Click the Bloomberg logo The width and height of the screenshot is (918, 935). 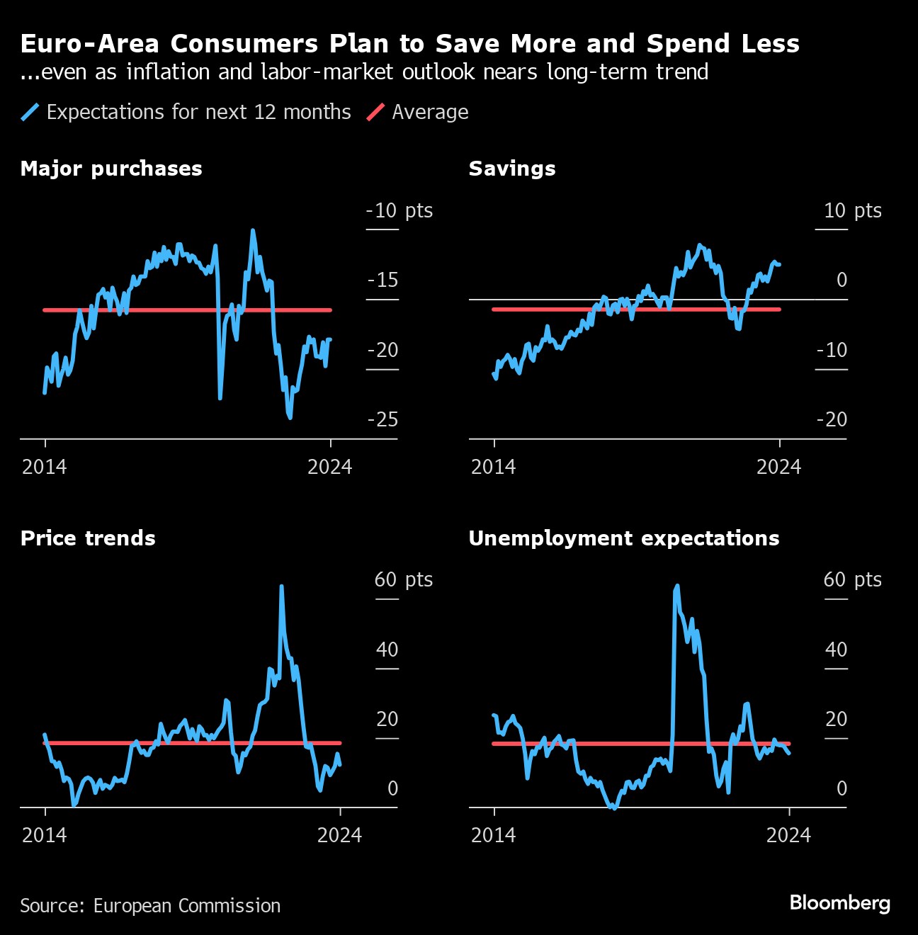(839, 903)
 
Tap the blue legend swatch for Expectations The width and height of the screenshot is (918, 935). (30, 112)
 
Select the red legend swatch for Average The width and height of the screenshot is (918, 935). (375, 112)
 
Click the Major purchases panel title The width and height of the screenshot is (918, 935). (111, 169)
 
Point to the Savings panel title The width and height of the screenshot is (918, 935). (512, 169)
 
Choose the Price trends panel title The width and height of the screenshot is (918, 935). (88, 538)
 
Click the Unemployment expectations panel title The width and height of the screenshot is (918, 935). (623, 538)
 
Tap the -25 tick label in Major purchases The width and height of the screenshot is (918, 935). (383, 419)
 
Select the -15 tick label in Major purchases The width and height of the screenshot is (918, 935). (383, 280)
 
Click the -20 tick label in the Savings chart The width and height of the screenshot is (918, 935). (832, 419)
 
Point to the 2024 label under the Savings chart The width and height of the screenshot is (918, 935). (778, 467)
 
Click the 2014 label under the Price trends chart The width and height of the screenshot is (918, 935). (45, 835)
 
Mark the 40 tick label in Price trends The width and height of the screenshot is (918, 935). (387, 650)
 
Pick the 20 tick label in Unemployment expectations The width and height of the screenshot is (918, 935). (836, 719)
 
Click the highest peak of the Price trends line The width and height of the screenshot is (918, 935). (282, 586)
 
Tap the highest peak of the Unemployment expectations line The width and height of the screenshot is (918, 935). (677, 586)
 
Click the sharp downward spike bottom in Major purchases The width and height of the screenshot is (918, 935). (220, 398)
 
